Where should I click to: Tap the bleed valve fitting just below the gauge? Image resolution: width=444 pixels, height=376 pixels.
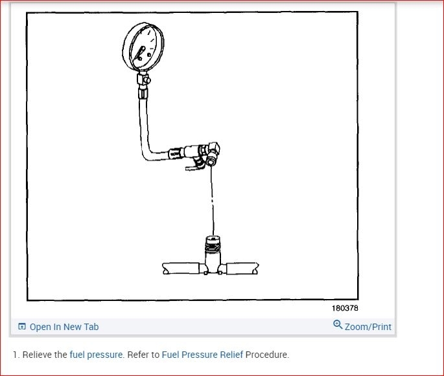point(143,80)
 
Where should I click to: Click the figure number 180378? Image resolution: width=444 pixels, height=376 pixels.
point(345,309)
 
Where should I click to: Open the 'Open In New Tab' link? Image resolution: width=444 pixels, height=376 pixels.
point(64,327)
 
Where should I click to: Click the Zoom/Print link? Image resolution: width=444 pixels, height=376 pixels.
point(368,327)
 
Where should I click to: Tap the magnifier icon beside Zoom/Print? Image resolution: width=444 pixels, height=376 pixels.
point(338,325)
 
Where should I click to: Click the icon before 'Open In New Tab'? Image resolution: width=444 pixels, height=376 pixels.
point(22,327)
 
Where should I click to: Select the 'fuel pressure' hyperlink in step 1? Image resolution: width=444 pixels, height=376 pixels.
point(96,355)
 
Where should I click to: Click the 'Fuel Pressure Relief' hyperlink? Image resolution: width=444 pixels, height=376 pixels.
point(202,355)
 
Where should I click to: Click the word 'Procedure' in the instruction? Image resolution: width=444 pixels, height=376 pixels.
point(266,355)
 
